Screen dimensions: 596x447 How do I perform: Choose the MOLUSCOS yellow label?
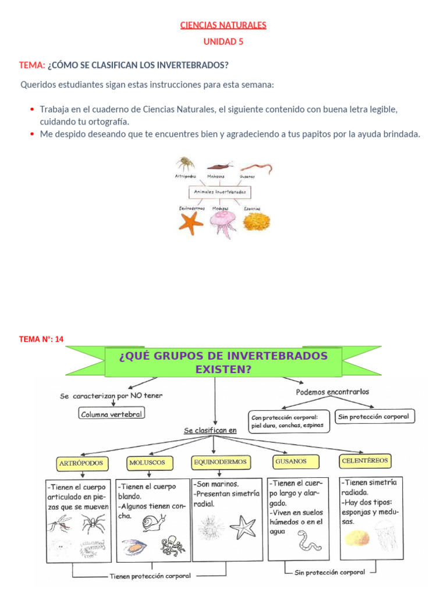pos(147,463)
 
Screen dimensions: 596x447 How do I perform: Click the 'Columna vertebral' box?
pos(111,413)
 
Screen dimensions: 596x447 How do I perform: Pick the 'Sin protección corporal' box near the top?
pos(373,416)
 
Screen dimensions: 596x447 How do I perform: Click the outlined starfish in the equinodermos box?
pos(243,527)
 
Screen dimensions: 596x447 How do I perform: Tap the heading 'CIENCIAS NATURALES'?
pos(223,25)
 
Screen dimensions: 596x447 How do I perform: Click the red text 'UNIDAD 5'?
pos(223,41)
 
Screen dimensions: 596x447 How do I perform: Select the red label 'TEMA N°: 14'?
pos(41,339)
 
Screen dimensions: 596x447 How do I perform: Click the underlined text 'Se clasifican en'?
pos(210,431)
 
